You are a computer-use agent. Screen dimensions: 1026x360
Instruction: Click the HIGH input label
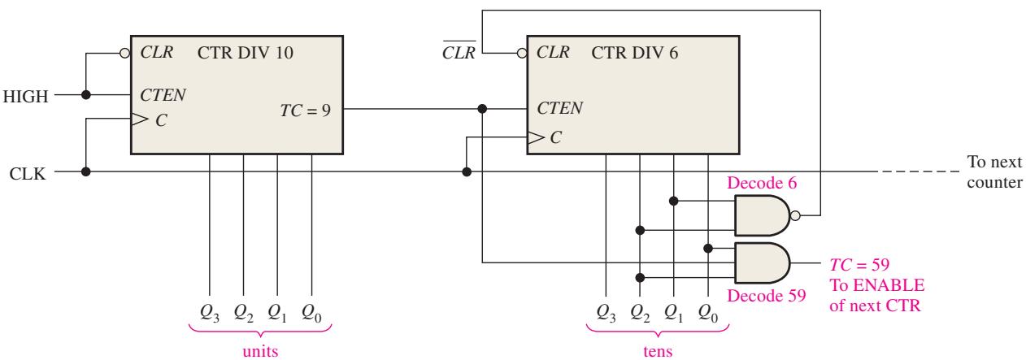point(26,97)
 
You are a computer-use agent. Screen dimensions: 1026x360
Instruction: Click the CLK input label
point(28,174)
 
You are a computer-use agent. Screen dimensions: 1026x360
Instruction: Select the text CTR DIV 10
point(245,53)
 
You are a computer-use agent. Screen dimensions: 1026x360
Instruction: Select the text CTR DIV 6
point(634,53)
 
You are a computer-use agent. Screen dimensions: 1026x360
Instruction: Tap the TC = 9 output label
point(305,111)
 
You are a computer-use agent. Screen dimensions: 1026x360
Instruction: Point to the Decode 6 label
point(762,183)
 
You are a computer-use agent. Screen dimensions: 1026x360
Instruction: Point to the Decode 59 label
point(767,296)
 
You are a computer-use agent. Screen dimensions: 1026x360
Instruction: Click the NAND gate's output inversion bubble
point(796,215)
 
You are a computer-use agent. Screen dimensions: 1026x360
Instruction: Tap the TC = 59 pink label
point(859,264)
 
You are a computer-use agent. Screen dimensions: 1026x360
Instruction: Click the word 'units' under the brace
point(260,351)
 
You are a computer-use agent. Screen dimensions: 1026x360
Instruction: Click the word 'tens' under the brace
point(658,351)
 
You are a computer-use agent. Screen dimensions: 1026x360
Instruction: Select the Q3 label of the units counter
point(210,313)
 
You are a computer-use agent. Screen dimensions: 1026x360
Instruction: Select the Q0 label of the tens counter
point(707,313)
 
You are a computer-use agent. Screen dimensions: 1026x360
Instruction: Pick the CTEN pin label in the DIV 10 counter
point(163,95)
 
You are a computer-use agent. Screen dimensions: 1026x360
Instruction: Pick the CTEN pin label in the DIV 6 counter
point(559,108)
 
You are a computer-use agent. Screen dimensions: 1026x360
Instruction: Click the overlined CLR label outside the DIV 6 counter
point(459,51)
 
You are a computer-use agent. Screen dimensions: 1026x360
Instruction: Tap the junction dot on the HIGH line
point(85,95)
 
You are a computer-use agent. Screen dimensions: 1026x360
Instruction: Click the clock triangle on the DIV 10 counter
point(140,119)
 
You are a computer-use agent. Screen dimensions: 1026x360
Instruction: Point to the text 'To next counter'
point(994,171)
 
